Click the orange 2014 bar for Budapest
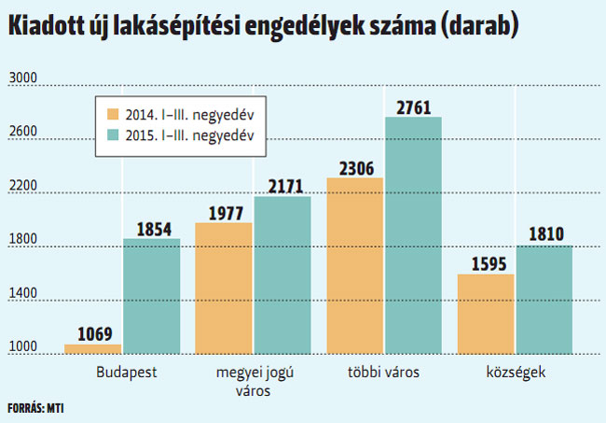[x=92, y=349]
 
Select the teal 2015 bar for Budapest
[x=151, y=296]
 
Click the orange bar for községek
[x=486, y=314]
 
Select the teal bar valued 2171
[x=282, y=275]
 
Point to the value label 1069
[x=93, y=333]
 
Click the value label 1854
[x=153, y=227]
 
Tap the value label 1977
[x=224, y=212]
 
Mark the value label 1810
[x=544, y=234]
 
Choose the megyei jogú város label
[x=253, y=382]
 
